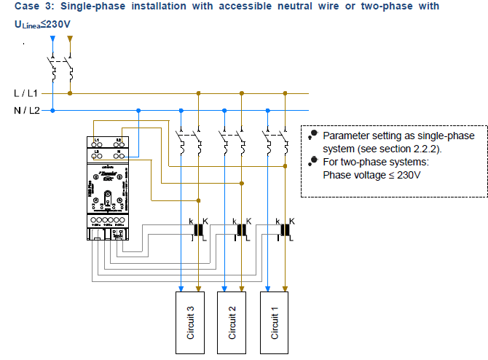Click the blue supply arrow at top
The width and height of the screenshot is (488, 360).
tap(52, 36)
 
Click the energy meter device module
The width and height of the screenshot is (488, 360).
tap(107, 185)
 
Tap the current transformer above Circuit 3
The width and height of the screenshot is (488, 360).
tap(197, 230)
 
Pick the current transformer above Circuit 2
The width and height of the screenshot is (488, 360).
tap(241, 230)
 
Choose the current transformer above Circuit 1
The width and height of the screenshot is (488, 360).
tap(285, 230)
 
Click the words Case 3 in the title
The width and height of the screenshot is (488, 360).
tap(35, 7)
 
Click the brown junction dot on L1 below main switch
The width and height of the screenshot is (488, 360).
tap(70, 93)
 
